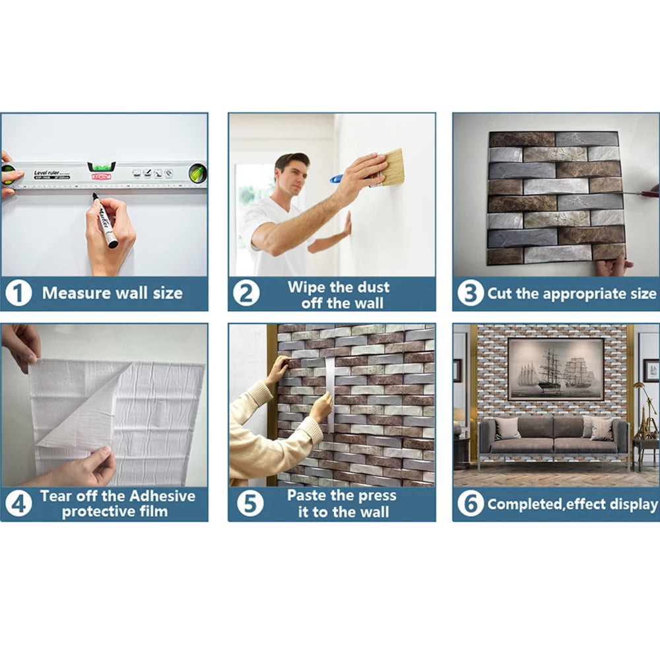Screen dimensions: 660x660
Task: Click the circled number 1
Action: click(18, 294)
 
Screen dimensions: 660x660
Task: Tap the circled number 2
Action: click(246, 294)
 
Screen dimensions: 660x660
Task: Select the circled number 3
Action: click(470, 292)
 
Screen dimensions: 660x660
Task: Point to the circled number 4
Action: click(18, 504)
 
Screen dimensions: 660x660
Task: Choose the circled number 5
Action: click(250, 504)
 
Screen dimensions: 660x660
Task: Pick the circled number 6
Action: click(470, 504)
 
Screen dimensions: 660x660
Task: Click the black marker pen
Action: click(105, 220)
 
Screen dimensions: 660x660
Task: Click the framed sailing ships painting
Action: click(556, 369)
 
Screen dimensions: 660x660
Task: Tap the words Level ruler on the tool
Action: click(46, 172)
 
